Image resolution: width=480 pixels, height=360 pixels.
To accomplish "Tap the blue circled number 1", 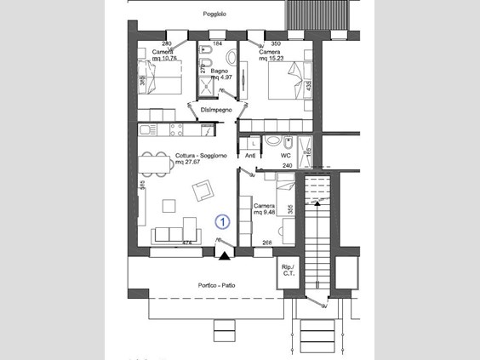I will coord(222,221).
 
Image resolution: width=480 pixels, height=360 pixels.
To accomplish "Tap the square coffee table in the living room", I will coord(168,205).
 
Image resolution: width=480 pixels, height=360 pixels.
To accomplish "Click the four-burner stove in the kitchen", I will coord(177,129).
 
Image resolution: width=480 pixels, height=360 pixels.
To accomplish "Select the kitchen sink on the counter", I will coord(146,129).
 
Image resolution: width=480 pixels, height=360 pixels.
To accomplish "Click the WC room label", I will coord(287,157).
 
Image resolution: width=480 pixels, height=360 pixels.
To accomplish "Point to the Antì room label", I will coord(251,157).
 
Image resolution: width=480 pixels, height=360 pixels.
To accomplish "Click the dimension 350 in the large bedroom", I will coord(276,43).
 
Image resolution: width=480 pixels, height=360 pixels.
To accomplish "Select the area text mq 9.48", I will coord(263,212).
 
